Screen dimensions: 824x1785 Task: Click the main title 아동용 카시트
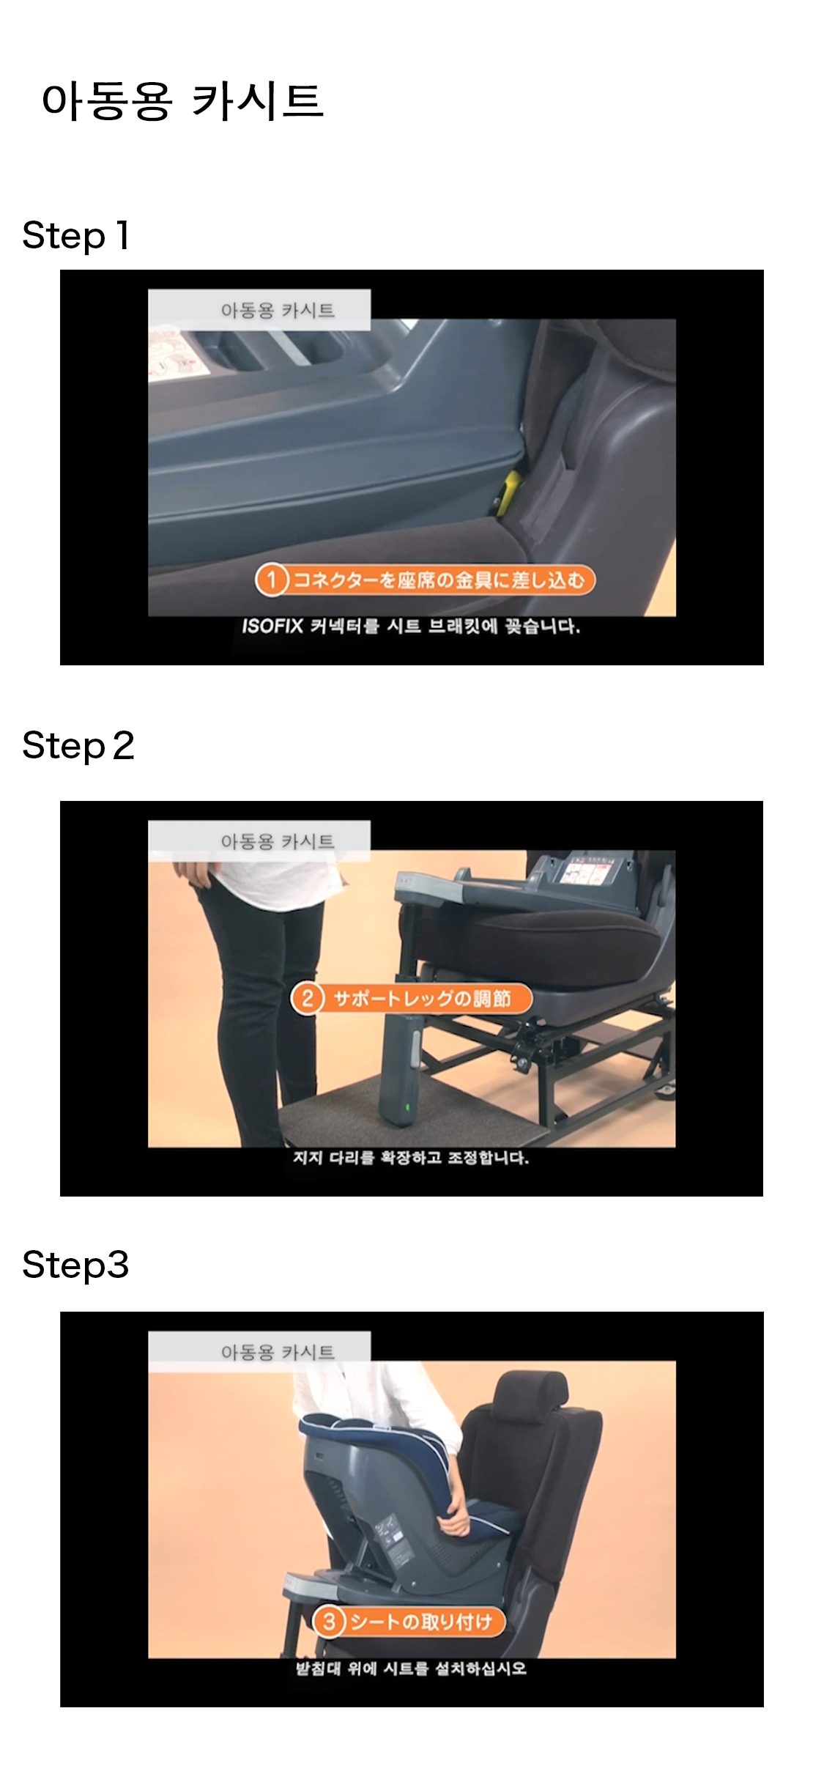click(x=182, y=100)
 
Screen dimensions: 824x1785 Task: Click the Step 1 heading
click(x=76, y=236)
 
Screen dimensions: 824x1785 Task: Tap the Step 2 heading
click(x=78, y=746)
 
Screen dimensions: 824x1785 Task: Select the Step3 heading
click(x=75, y=1265)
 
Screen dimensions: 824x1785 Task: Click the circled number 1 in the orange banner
click(x=271, y=580)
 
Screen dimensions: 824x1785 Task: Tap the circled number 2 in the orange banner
click(x=308, y=998)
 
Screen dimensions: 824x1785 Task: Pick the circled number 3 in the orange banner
click(x=329, y=1621)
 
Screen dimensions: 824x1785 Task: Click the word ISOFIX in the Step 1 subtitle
click(x=272, y=627)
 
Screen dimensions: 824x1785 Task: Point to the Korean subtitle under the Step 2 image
click(x=411, y=1158)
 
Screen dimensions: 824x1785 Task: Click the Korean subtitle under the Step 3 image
click(x=411, y=1668)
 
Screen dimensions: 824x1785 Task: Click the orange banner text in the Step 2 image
click(x=422, y=999)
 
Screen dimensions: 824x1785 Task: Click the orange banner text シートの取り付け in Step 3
click(x=421, y=1622)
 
